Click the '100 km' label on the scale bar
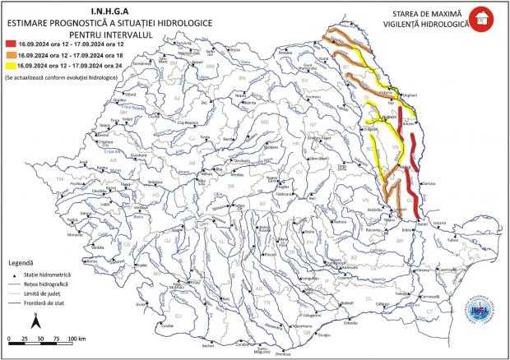coord(77,339)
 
